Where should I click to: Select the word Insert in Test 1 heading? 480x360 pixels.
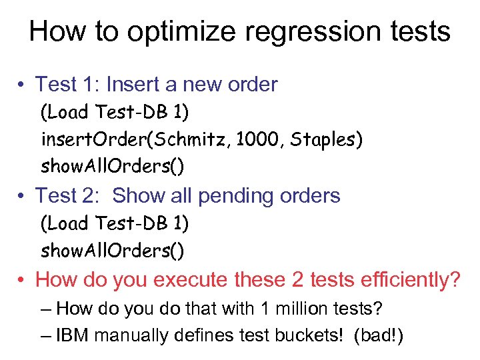tap(130, 85)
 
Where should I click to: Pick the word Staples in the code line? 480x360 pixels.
tap(323, 140)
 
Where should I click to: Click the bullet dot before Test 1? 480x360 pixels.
tap(22, 85)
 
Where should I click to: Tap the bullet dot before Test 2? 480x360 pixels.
tap(22, 196)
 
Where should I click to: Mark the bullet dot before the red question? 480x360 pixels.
tap(22, 280)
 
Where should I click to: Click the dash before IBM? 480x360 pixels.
tap(45, 334)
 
